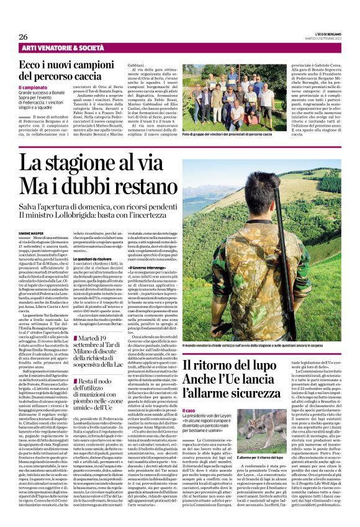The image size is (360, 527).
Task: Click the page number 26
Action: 24,37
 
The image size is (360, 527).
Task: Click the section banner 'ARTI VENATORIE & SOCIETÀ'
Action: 63,48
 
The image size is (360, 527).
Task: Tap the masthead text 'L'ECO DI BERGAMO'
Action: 323,33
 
